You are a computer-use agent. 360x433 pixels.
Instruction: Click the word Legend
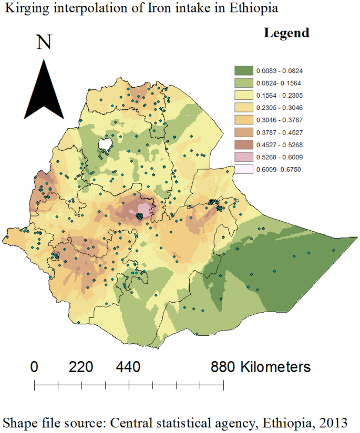286,33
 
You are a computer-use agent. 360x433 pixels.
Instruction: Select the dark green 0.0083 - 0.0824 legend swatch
243,70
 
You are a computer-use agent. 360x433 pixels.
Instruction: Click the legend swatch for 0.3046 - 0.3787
243,120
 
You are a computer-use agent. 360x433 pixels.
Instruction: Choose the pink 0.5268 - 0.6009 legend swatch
243,157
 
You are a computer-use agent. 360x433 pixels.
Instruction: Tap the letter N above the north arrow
44,42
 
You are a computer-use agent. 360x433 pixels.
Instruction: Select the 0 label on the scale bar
35,366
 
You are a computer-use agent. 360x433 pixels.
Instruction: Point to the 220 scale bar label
81,366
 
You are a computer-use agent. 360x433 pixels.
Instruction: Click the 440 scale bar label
128,366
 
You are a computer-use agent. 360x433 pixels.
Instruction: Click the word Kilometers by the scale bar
275,366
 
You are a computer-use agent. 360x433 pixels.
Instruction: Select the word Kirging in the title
22,9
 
